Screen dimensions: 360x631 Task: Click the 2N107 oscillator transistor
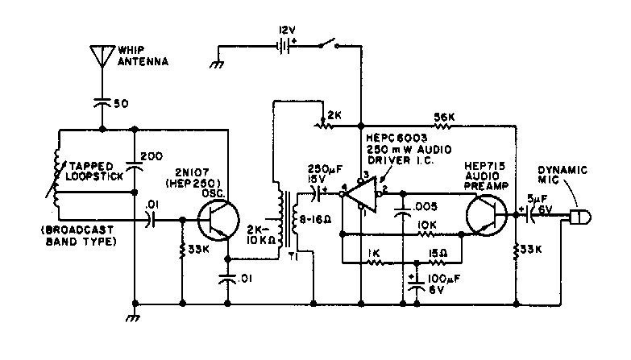218,218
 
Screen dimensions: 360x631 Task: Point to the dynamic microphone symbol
578,217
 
